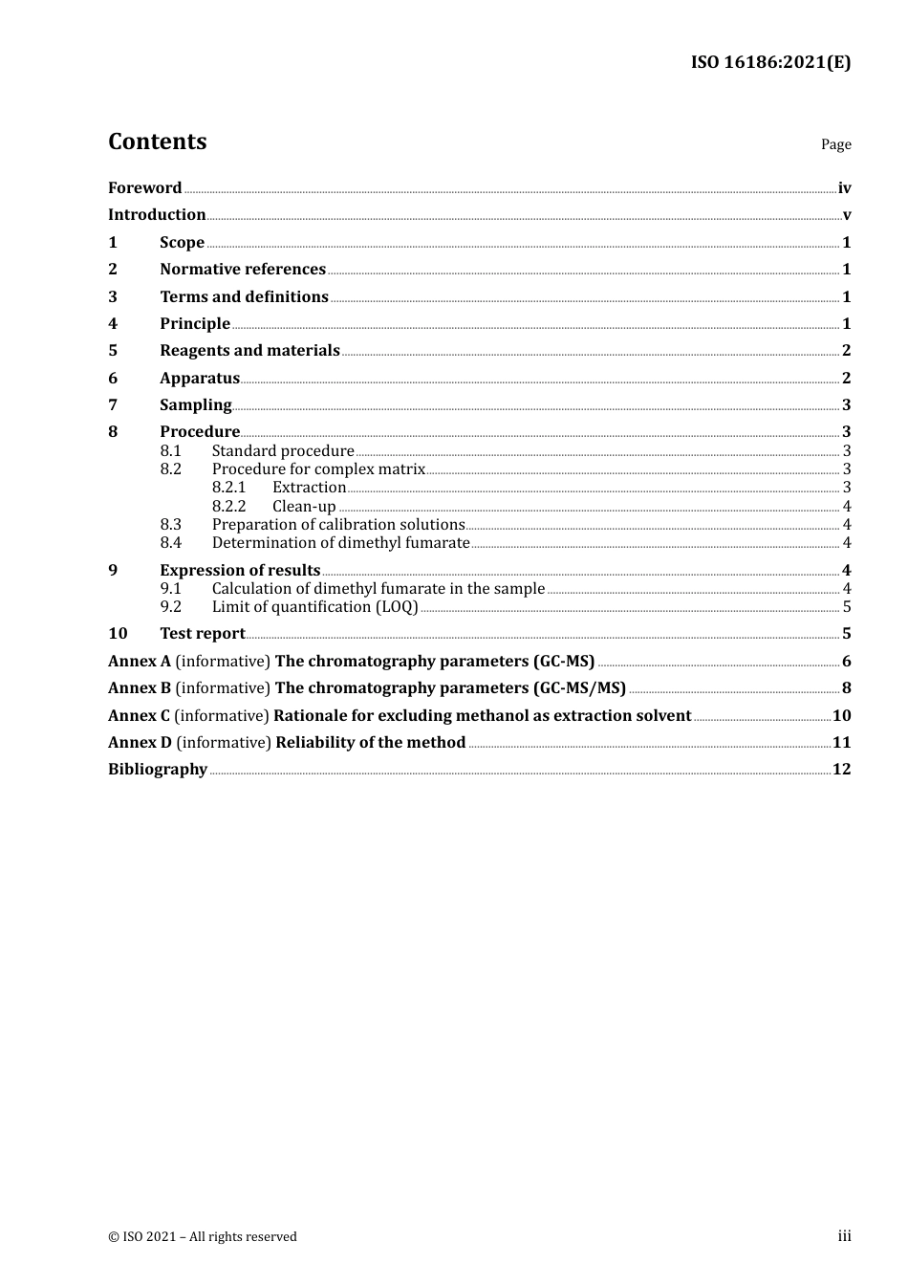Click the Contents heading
coord(157,142)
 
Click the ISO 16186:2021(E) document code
coord(770,63)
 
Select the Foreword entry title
coord(144,188)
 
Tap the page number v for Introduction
coord(846,215)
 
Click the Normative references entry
coord(243,270)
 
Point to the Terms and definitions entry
coord(244,297)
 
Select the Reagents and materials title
coord(249,351)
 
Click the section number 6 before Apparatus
coord(113,379)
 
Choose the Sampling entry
coord(195,405)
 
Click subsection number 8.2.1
coord(228,488)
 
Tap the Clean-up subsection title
coord(304,507)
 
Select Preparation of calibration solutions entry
coord(337,525)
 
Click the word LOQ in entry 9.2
coord(397,607)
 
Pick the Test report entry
coord(202,634)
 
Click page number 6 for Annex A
coord(846,662)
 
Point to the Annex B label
coord(140,688)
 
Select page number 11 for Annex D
coord(841,743)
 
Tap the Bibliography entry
coord(158,770)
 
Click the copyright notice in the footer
coord(203,1237)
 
